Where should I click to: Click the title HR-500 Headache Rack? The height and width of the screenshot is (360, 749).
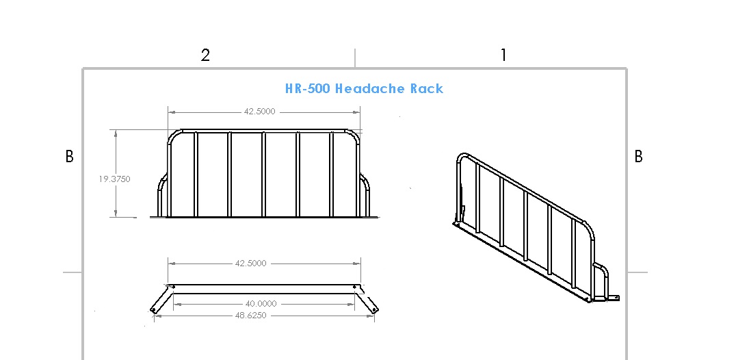pyautogui.click(x=364, y=88)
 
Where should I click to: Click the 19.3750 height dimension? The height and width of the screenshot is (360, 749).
pyautogui.click(x=114, y=179)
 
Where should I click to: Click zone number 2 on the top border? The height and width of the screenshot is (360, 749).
pyautogui.click(x=205, y=55)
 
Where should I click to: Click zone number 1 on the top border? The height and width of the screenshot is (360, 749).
pyautogui.click(x=503, y=55)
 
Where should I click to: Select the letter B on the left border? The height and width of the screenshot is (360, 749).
pyautogui.click(x=69, y=157)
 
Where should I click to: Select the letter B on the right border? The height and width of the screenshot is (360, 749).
pyautogui.click(x=638, y=157)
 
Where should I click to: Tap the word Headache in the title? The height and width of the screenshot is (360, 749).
pyautogui.click(x=369, y=88)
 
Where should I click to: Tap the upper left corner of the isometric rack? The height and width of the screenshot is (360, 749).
pyautogui.click(x=462, y=158)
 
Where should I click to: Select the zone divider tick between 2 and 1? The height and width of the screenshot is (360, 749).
pyautogui.click(x=354, y=58)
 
